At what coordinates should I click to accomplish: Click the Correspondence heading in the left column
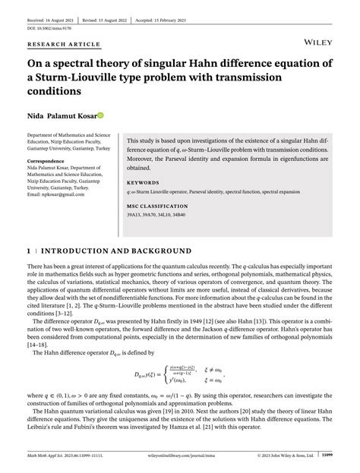coord(45,162)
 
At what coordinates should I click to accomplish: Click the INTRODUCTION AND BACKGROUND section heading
coord(115,251)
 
